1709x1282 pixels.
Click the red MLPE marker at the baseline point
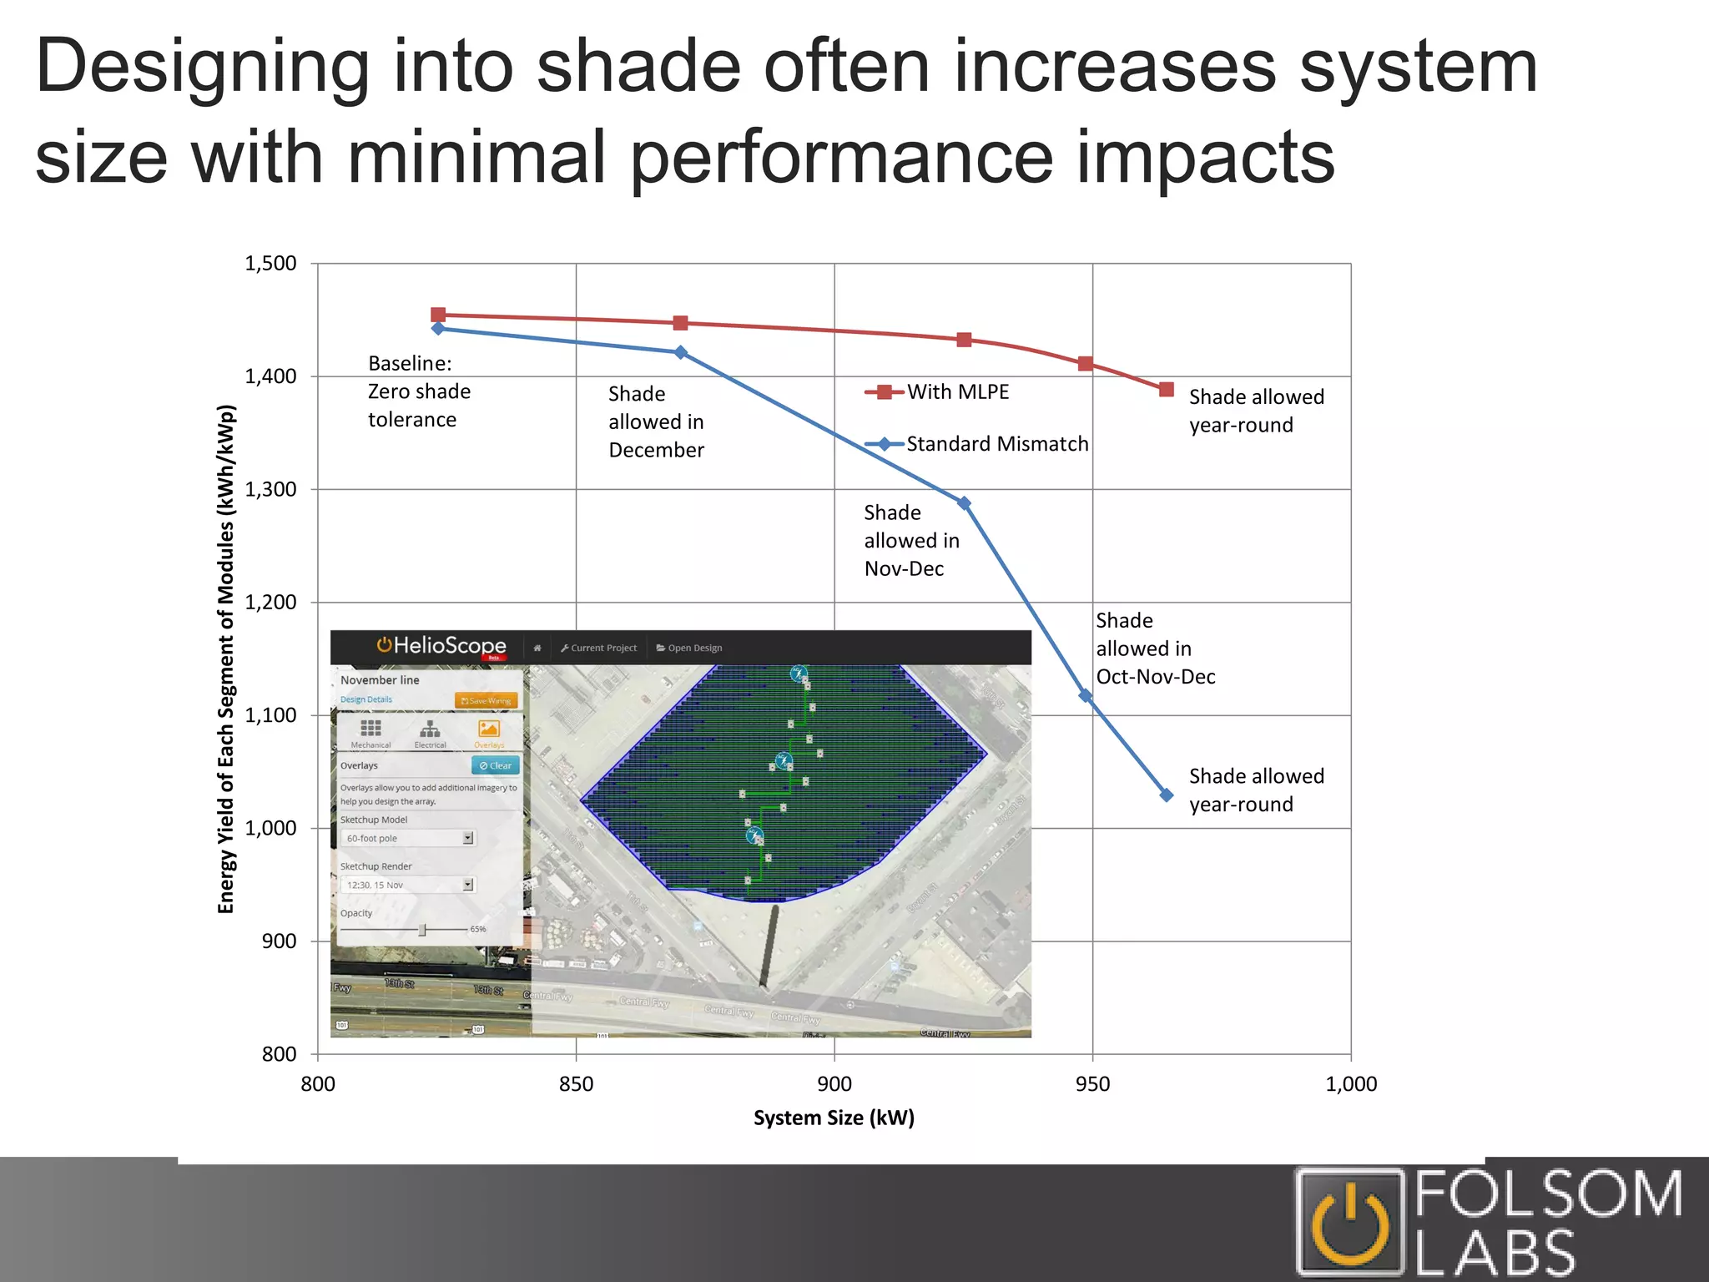click(438, 315)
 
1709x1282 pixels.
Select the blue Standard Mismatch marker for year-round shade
click(1167, 795)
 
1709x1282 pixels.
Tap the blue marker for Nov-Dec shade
click(964, 503)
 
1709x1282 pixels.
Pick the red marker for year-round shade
click(1167, 390)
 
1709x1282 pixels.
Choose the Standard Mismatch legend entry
click(976, 444)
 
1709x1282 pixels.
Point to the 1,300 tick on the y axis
click(270, 489)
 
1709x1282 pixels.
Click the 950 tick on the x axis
click(1092, 1084)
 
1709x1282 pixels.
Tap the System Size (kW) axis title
click(834, 1118)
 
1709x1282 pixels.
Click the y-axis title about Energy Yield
click(226, 659)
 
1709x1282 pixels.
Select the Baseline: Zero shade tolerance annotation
click(419, 391)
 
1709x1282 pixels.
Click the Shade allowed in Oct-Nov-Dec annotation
click(1155, 649)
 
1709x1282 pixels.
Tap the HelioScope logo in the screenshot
click(441, 646)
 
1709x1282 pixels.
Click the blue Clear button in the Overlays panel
click(496, 765)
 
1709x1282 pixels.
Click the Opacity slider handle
click(422, 930)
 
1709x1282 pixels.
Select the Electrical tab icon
click(430, 730)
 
